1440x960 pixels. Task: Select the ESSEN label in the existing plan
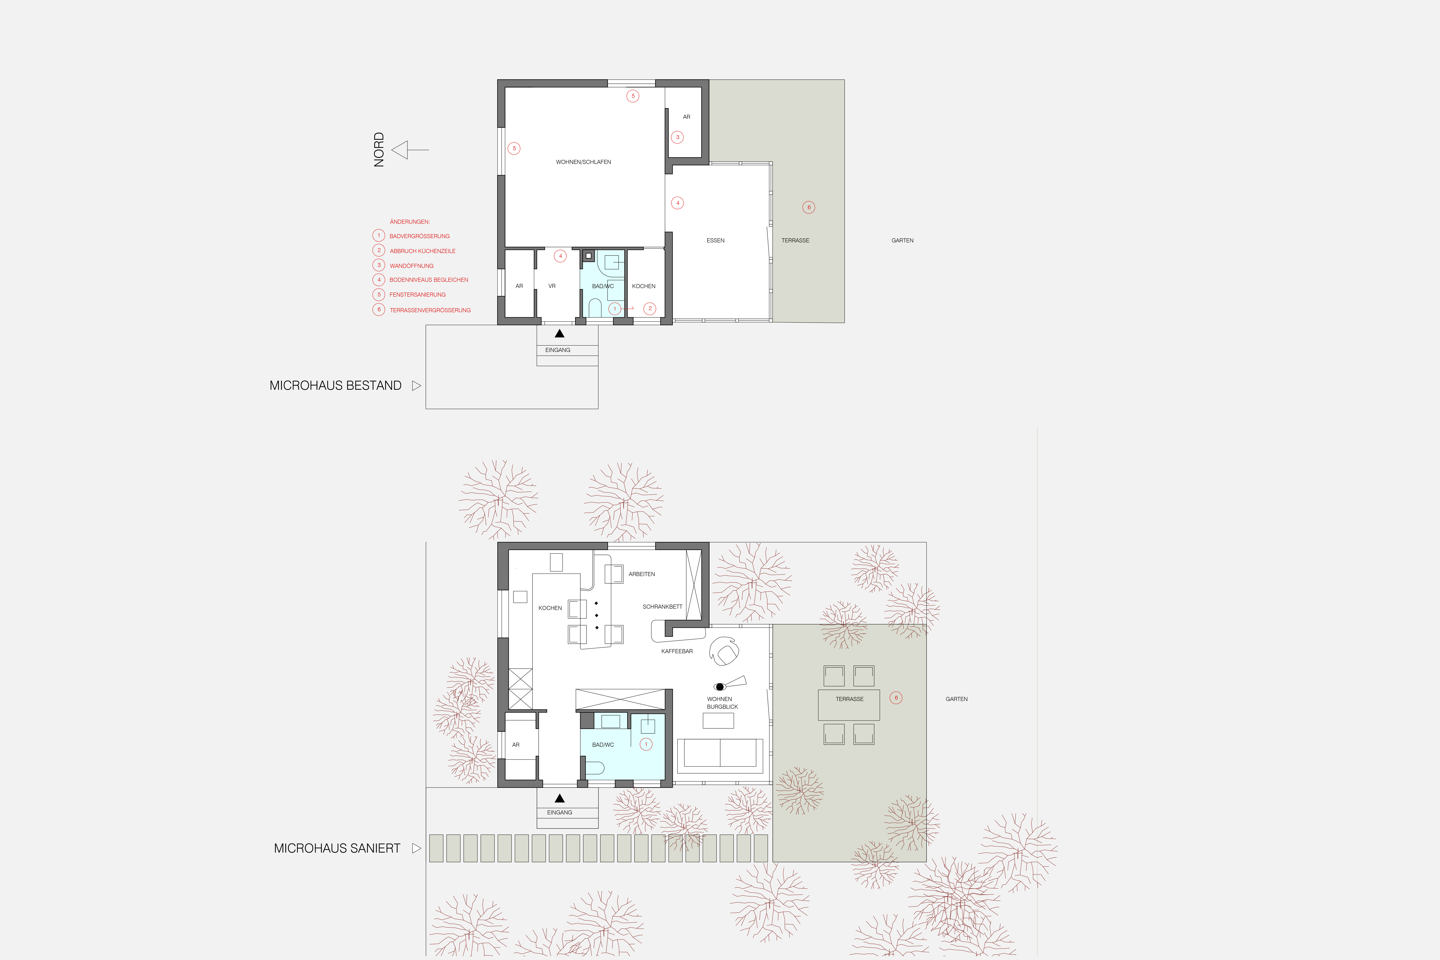point(715,241)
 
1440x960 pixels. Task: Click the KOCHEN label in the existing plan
point(644,286)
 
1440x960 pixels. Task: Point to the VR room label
point(552,286)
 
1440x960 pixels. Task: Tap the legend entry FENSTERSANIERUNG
point(418,295)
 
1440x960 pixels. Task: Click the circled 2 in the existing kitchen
point(650,309)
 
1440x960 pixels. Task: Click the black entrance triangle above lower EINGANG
point(559,798)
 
